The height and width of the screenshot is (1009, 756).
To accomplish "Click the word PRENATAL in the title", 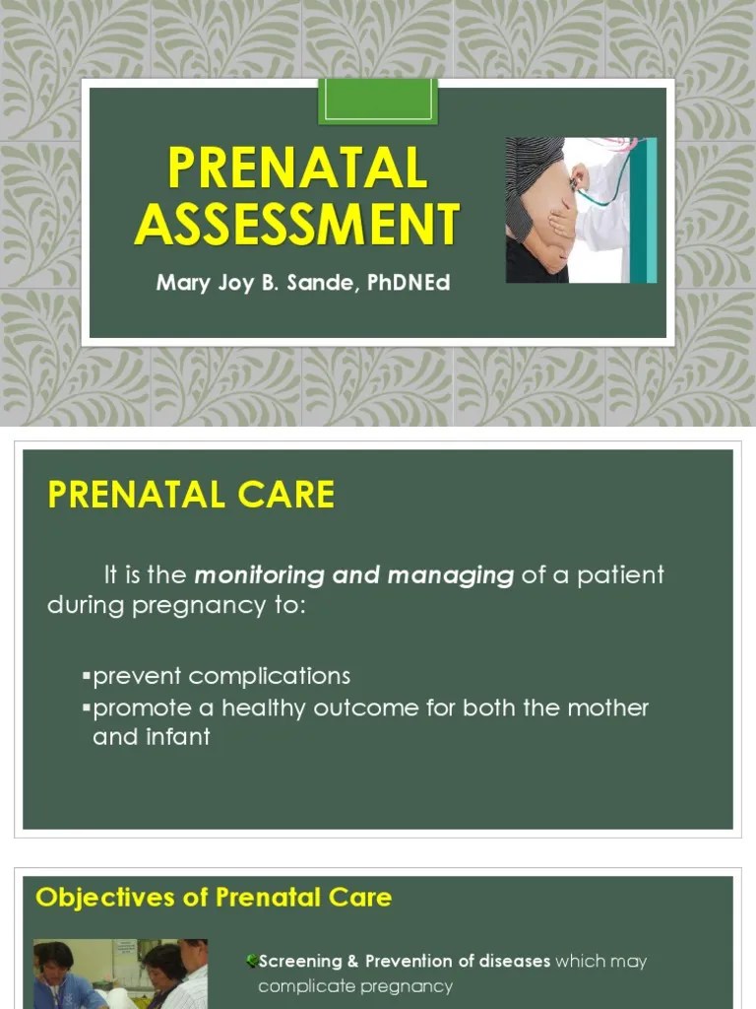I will (x=297, y=169).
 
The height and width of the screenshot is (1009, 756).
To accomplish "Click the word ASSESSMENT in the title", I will (x=297, y=224).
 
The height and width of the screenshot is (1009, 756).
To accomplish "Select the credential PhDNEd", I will (x=407, y=284).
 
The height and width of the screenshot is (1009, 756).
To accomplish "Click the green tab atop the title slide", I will (x=377, y=101).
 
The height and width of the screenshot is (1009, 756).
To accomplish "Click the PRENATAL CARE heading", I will (x=191, y=495).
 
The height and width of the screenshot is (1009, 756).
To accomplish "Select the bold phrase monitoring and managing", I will (x=354, y=574).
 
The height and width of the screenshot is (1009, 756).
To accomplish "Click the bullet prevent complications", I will (x=220, y=677).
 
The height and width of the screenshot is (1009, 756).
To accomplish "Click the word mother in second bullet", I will (x=606, y=708).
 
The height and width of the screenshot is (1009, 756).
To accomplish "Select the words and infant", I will (x=151, y=737).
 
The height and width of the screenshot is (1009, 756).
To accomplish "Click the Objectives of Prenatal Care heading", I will (x=214, y=898).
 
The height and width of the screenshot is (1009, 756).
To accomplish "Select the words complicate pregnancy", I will (x=355, y=986).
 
